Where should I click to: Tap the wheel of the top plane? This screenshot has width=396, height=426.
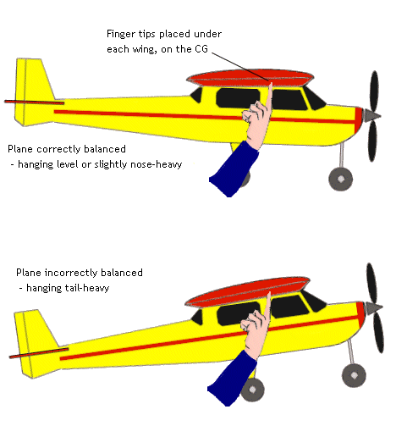pos(340,179)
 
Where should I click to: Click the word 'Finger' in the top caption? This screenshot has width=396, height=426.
pos(122,34)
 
